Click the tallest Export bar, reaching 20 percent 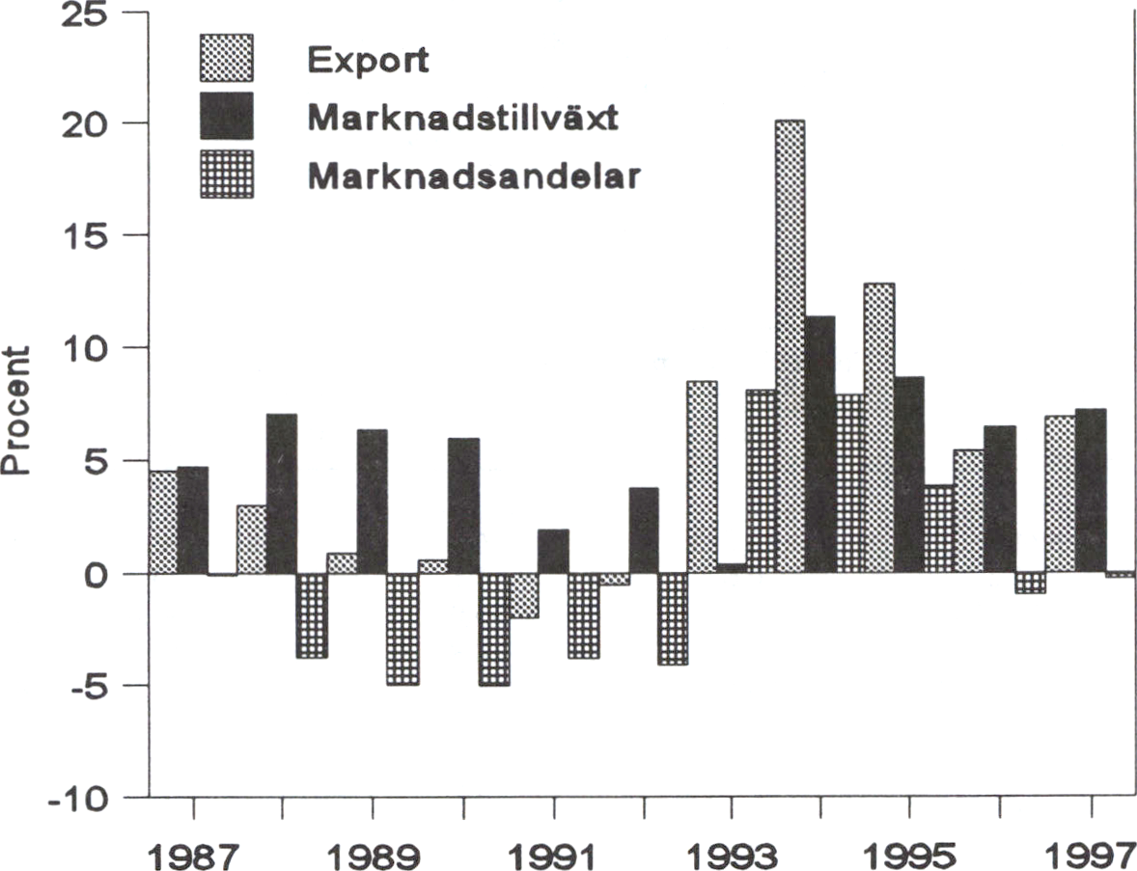click(x=789, y=346)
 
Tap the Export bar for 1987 click(x=163, y=522)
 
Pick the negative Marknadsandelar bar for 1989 click(x=402, y=629)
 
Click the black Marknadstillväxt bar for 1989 click(x=372, y=502)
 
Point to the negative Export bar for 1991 click(x=523, y=595)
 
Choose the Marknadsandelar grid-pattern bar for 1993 click(x=761, y=481)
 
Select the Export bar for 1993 click(x=702, y=476)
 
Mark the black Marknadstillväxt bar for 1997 click(x=1090, y=491)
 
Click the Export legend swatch click(x=226, y=58)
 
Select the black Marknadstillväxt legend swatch click(x=226, y=117)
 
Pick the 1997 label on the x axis click(x=1091, y=853)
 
